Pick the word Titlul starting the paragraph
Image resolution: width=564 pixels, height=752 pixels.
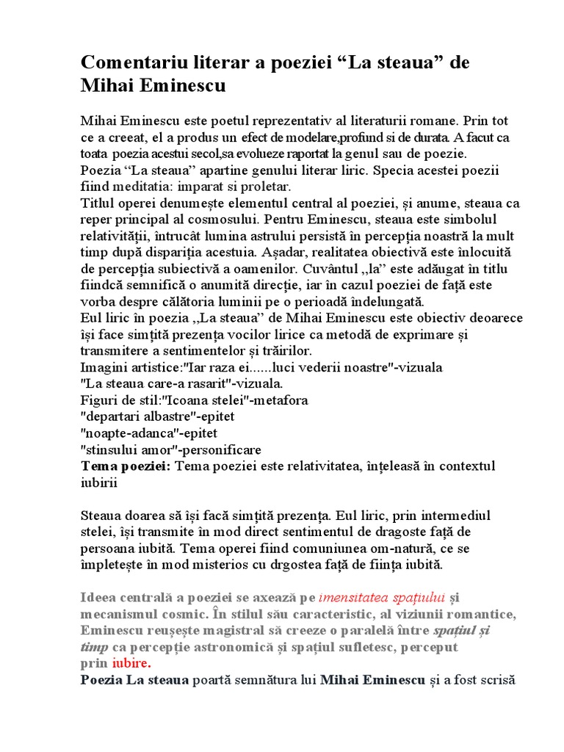click(x=98, y=203)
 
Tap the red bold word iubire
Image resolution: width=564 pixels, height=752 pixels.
click(x=131, y=663)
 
